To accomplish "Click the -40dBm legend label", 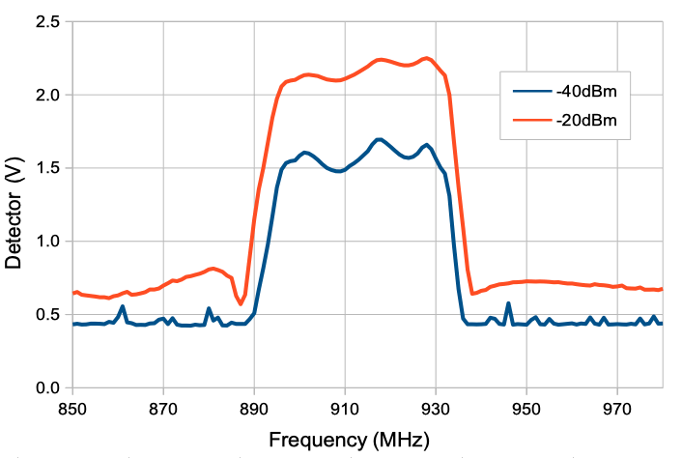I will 586,93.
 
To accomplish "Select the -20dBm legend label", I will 586,121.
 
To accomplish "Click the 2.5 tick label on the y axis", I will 46,21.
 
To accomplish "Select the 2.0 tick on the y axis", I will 46,95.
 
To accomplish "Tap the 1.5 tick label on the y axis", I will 46,168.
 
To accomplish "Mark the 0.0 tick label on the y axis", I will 46,387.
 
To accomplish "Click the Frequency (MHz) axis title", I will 348,440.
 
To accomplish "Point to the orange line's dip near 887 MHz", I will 241,304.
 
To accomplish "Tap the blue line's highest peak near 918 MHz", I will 380,139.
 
